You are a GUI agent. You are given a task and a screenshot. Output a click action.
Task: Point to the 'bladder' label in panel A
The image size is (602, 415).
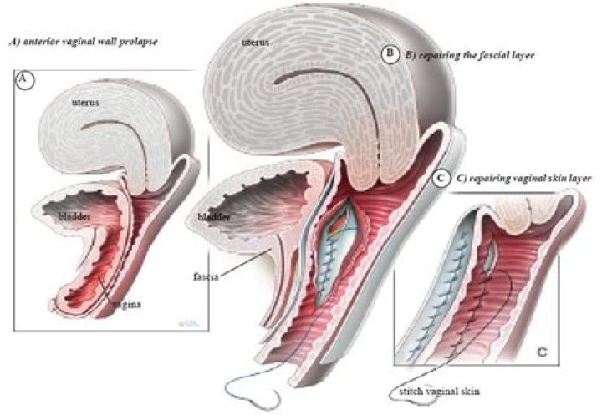coord(74,215)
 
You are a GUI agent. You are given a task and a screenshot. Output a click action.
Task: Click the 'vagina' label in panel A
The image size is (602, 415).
coord(126,305)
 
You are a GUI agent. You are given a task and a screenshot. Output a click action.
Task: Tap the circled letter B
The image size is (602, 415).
coord(390,54)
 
